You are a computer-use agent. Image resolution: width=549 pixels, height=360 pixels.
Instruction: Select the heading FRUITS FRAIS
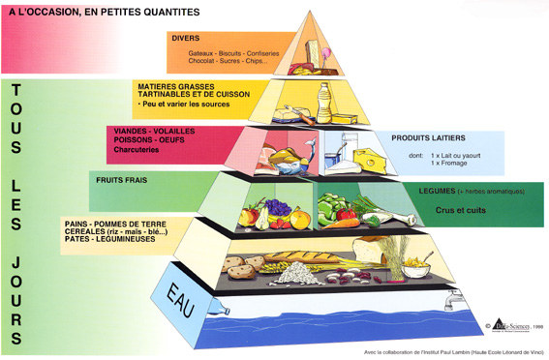click(x=121, y=180)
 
